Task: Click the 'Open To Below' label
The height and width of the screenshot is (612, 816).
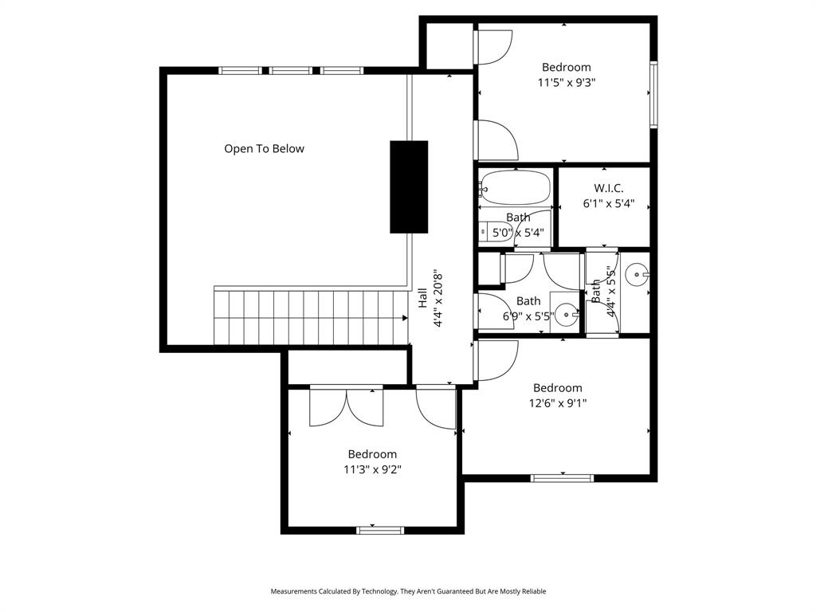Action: tap(264, 148)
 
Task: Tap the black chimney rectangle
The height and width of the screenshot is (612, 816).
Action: tap(409, 186)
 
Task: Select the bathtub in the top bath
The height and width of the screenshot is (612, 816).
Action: tap(516, 188)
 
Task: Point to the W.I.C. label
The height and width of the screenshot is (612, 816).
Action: tap(608, 188)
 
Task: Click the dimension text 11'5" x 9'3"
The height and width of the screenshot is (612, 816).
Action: tap(567, 81)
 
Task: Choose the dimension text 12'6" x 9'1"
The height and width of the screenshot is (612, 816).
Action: tap(558, 402)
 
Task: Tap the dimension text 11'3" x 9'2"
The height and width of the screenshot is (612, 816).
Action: tap(372, 469)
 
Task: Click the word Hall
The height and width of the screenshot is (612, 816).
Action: tap(422, 298)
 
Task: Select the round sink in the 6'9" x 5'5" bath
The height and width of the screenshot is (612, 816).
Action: tap(567, 314)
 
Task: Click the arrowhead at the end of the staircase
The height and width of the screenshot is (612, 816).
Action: tap(405, 317)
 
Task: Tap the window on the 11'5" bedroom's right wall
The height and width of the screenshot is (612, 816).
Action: tap(653, 95)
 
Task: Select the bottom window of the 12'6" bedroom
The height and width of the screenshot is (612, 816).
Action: tap(562, 478)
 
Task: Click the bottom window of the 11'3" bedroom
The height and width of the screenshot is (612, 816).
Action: tap(380, 530)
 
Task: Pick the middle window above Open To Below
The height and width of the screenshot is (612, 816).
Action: tap(291, 70)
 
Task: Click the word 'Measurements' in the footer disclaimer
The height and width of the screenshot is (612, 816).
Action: tap(294, 591)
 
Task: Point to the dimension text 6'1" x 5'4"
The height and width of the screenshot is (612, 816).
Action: tap(608, 203)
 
